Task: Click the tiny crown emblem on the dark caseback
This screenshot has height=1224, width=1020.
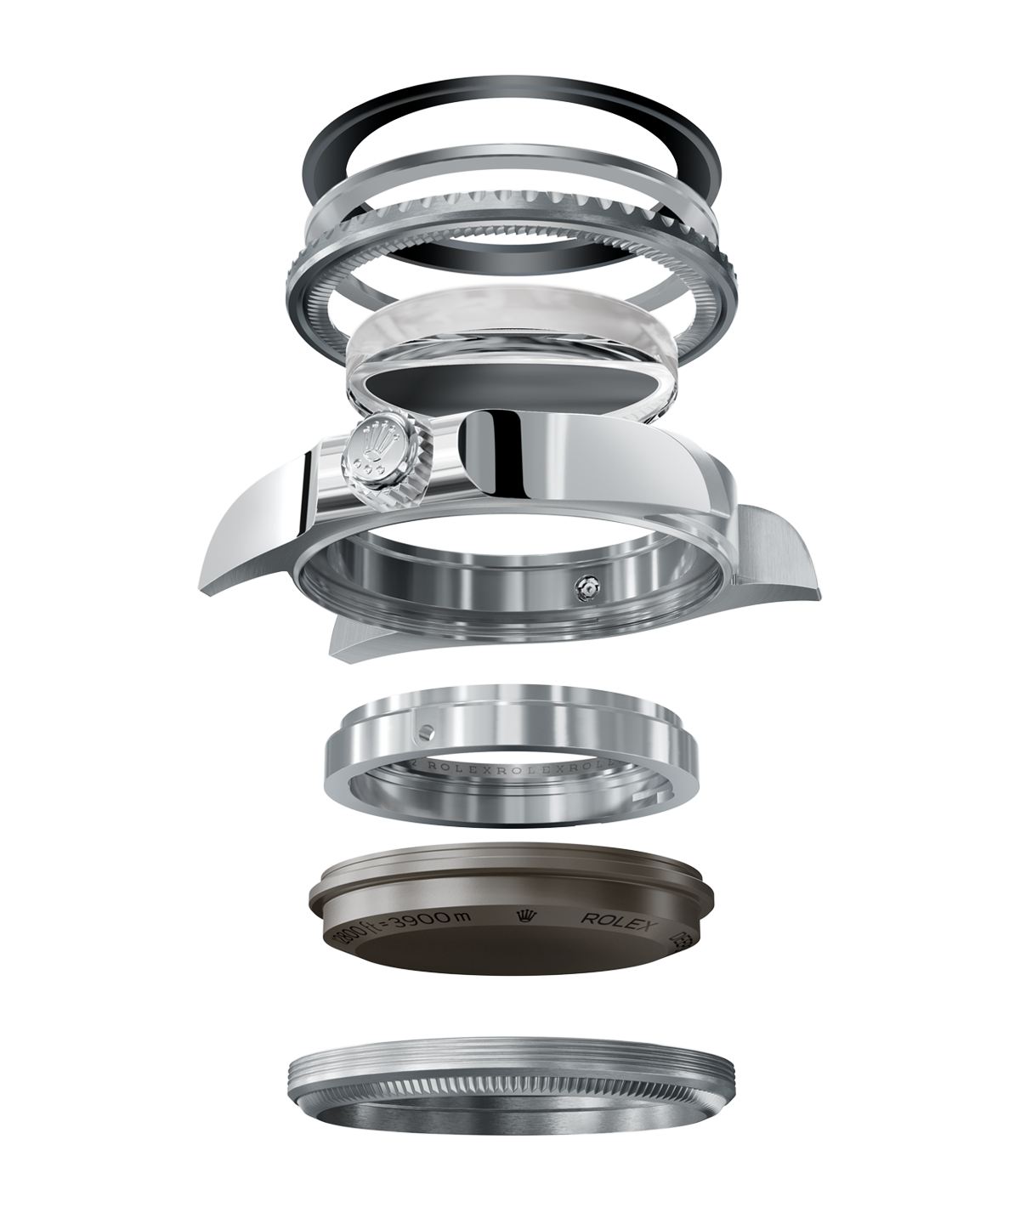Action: [524, 915]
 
